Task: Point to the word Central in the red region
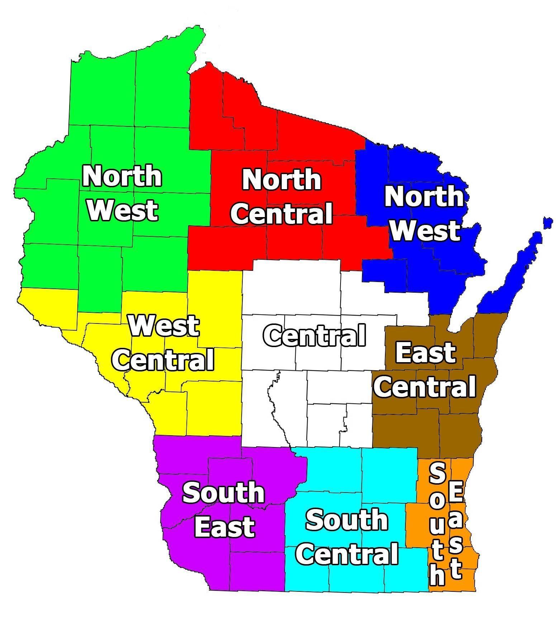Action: click(281, 213)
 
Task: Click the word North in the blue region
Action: click(424, 196)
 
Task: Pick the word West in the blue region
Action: click(425, 230)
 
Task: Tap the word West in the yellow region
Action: click(164, 325)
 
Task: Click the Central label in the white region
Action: click(315, 335)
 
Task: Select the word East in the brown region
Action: click(426, 352)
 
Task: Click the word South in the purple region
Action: click(224, 493)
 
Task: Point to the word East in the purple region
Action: click(224, 527)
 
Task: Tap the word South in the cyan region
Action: click(347, 520)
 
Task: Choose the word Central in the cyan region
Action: click(347, 553)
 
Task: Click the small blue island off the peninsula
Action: click(547, 222)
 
